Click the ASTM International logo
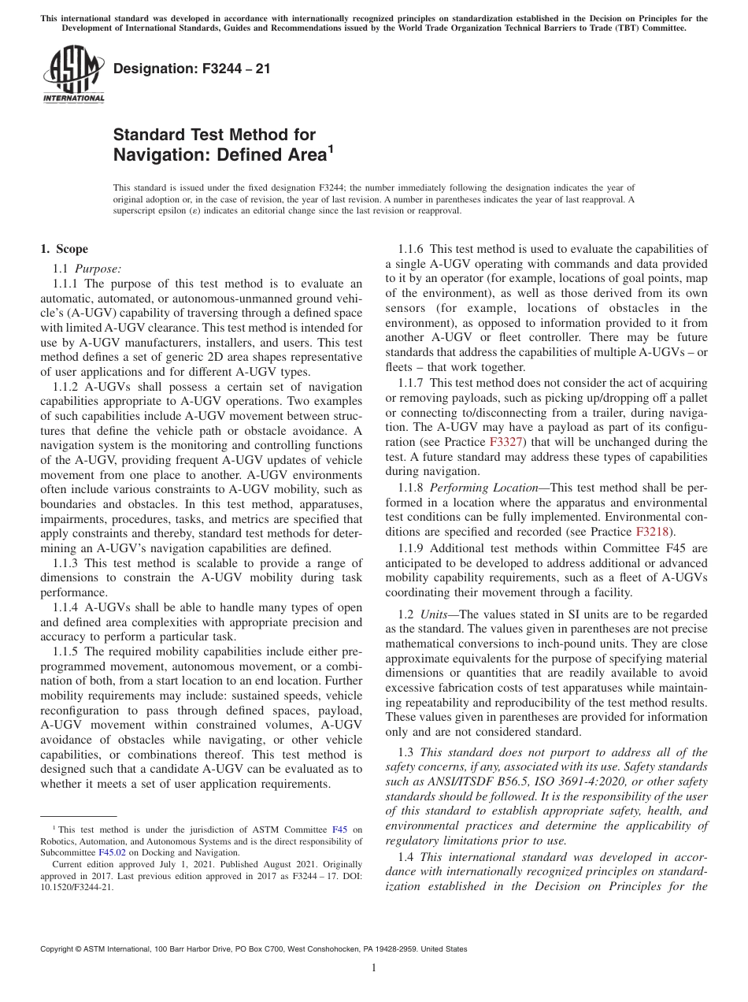point(73,74)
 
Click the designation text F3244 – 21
point(192,69)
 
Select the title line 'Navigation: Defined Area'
point(220,155)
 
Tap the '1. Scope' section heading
point(65,249)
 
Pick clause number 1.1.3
point(67,563)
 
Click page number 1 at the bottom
point(374,968)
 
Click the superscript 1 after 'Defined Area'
point(331,147)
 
